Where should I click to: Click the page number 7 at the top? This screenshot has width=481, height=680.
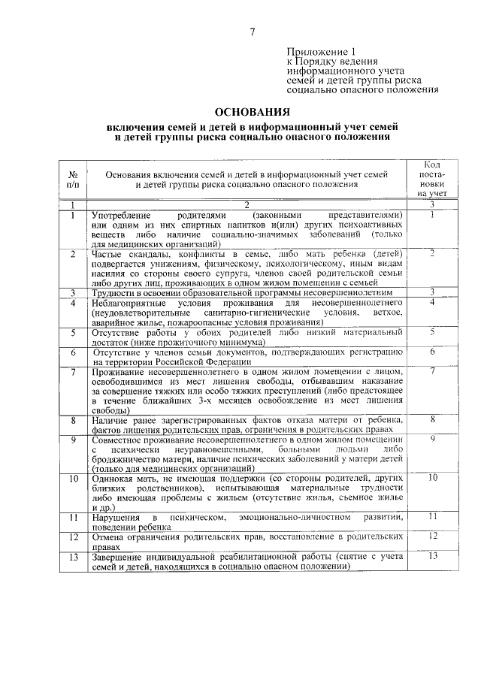coord(253,31)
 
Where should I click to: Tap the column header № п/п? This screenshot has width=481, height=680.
coord(72,178)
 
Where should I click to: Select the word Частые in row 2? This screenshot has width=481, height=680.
coord(106,255)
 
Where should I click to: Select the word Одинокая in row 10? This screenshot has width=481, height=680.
coord(112,478)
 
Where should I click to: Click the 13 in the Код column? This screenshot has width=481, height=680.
coord(432,555)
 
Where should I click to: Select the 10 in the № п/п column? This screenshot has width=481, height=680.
coord(73,478)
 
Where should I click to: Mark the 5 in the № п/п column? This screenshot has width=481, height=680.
coord(73,331)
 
